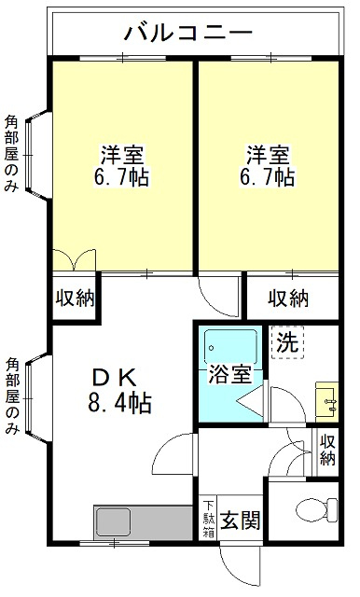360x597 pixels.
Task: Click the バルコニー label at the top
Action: coord(188,35)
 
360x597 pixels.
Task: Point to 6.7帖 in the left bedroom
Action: coord(121,176)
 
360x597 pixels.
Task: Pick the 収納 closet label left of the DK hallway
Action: coord(74,298)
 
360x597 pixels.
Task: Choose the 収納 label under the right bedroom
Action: coord(290,298)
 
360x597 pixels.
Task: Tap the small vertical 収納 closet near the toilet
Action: coord(327,450)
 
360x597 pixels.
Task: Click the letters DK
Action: coord(115,379)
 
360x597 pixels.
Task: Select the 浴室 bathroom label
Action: coord(228,376)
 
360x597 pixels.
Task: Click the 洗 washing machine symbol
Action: coord(287,341)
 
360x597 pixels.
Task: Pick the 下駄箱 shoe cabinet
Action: coord(208,519)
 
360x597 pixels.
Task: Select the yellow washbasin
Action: coord(326,398)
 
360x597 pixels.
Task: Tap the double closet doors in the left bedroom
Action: coord(73,259)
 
